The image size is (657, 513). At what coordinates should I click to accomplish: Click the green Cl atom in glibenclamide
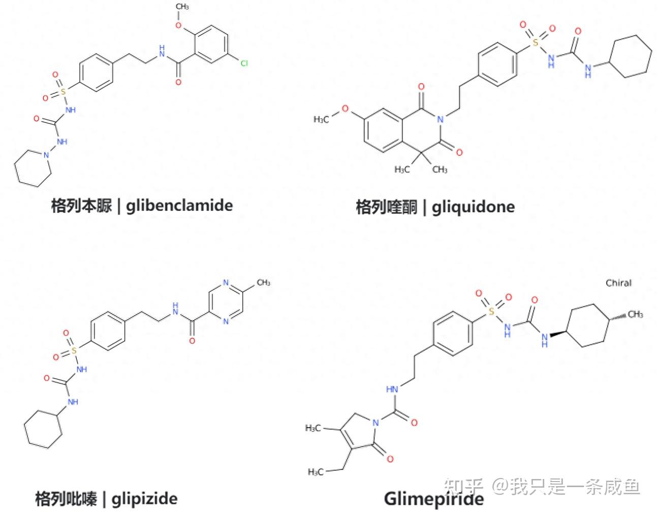click(244, 63)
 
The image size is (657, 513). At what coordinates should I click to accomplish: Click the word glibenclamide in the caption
click(179, 206)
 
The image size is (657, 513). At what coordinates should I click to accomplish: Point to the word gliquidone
click(473, 207)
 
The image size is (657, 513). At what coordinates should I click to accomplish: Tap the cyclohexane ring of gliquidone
click(630, 59)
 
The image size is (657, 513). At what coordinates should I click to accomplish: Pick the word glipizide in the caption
click(144, 498)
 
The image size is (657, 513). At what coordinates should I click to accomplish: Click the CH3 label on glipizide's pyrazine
click(263, 282)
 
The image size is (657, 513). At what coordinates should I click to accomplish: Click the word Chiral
click(618, 283)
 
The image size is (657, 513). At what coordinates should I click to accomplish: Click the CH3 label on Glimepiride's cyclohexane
click(635, 315)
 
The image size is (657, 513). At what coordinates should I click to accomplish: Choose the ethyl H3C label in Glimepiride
click(316, 472)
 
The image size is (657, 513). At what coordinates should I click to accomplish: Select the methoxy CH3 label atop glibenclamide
click(182, 7)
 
